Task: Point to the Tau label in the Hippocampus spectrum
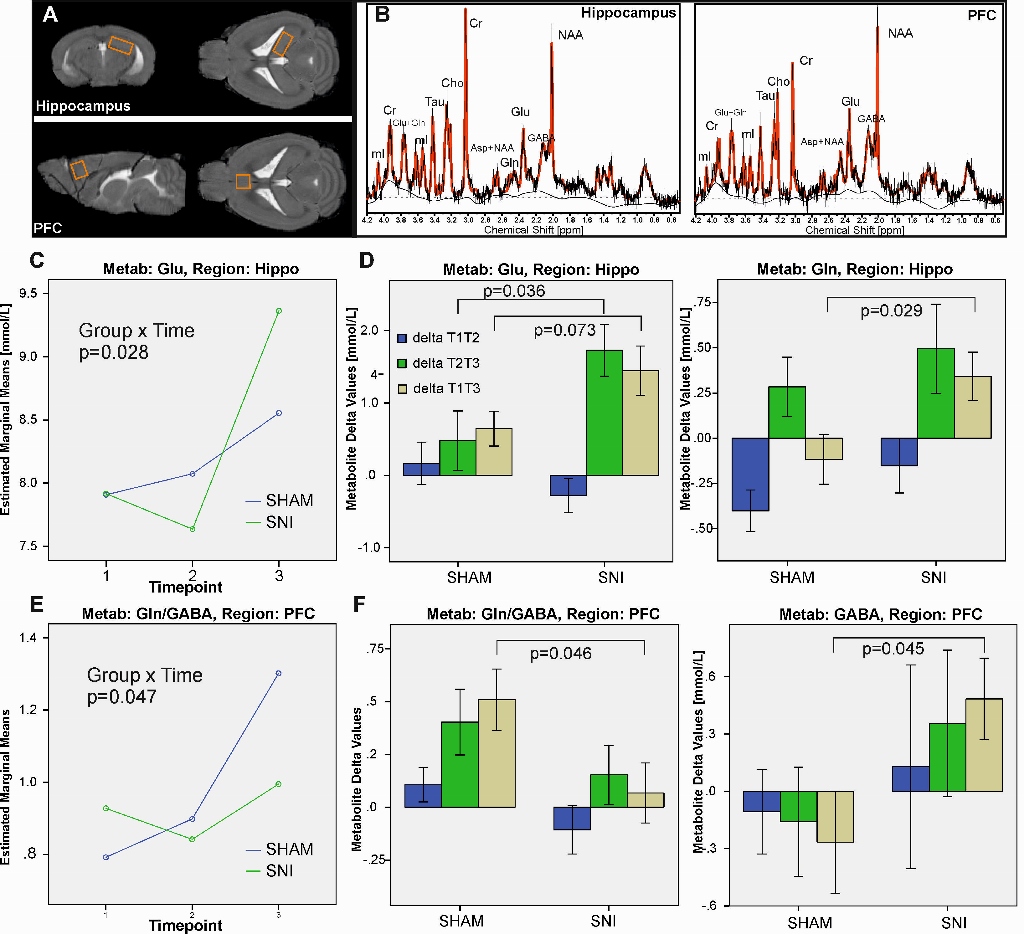435,101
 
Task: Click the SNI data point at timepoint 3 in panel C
279,311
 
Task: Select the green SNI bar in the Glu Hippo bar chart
605,412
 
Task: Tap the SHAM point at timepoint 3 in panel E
279,673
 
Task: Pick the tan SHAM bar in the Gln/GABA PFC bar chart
497,753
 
